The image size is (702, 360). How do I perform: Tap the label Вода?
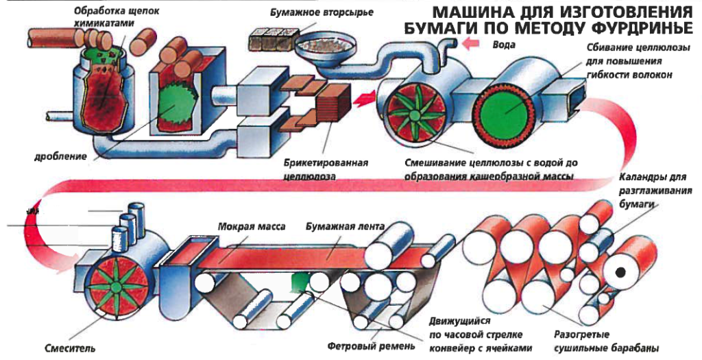[x=503, y=45]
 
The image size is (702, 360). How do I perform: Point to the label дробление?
[x=60, y=157]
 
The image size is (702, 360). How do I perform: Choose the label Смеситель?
[x=68, y=348]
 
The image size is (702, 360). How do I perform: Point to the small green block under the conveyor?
[x=300, y=279]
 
